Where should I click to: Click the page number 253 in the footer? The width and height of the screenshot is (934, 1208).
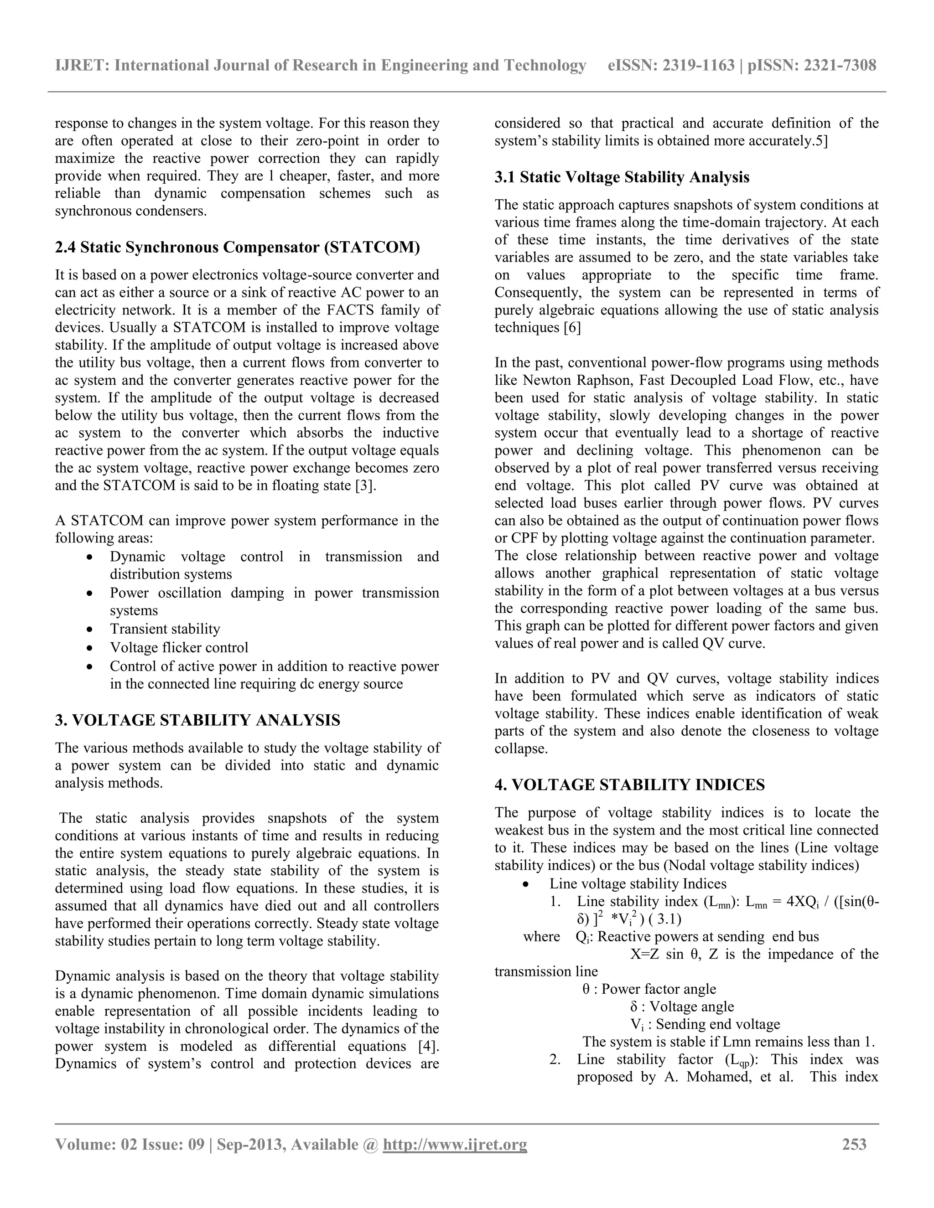[x=854, y=1144]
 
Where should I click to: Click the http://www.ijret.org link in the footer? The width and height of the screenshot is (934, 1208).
[x=454, y=1144]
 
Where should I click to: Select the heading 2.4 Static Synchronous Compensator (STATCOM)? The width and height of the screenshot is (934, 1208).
[x=237, y=247]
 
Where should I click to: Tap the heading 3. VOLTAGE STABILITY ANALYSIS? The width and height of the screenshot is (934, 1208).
[x=197, y=720]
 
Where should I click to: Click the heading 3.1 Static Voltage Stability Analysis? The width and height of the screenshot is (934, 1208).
[x=622, y=177]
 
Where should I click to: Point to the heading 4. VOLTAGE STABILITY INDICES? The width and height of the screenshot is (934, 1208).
[x=630, y=785]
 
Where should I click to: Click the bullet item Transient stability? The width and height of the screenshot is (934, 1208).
[x=165, y=629]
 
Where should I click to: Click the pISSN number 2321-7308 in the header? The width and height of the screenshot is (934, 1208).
[x=840, y=66]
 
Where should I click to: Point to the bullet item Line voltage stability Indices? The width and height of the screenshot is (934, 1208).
[x=638, y=884]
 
